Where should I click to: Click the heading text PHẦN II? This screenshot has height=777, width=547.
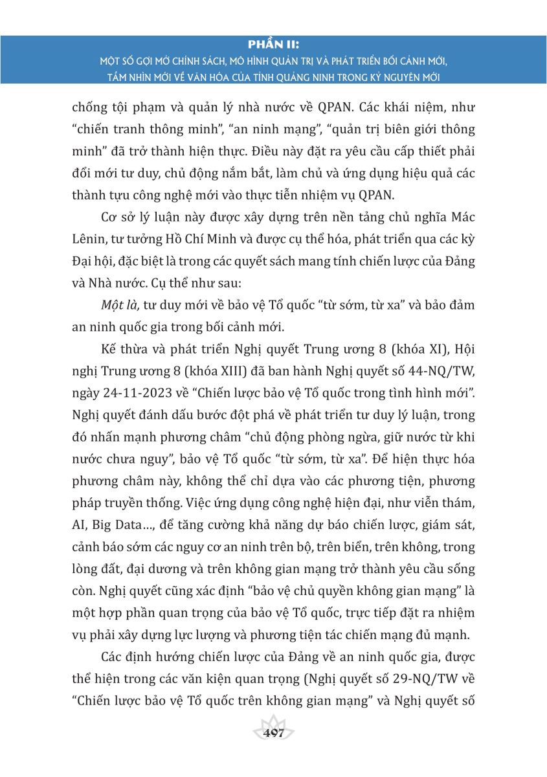(273, 44)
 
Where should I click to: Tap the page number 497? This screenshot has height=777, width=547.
(274, 734)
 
